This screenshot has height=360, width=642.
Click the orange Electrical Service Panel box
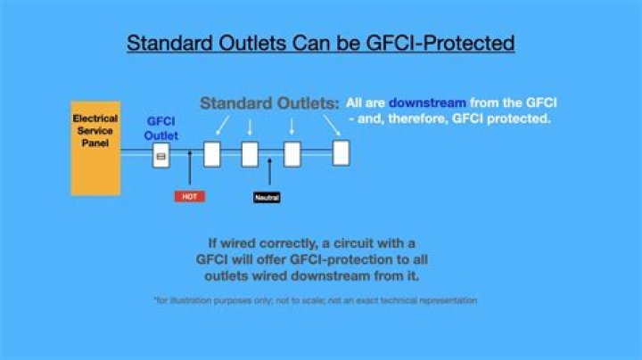(95, 148)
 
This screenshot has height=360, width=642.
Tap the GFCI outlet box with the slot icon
(160, 155)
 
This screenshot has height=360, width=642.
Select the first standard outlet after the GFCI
(212, 154)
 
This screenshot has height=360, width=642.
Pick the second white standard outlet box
(250, 154)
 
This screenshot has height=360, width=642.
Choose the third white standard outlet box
(292, 154)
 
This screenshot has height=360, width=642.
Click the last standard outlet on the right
(341, 153)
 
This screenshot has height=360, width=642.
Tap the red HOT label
(190, 197)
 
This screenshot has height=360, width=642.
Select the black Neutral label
(267, 198)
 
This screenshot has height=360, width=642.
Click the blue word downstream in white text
(427, 102)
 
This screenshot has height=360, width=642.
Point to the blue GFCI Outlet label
(160, 128)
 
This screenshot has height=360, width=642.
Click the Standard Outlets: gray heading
(269, 103)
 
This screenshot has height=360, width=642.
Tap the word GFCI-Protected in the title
(440, 43)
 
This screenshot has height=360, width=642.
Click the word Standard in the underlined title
(169, 43)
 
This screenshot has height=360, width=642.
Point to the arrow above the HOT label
(190, 168)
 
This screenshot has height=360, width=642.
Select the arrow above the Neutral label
(269, 171)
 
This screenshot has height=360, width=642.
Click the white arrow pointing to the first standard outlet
(222, 125)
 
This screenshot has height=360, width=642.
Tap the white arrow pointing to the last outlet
(332, 125)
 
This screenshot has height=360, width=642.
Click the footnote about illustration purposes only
(316, 300)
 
